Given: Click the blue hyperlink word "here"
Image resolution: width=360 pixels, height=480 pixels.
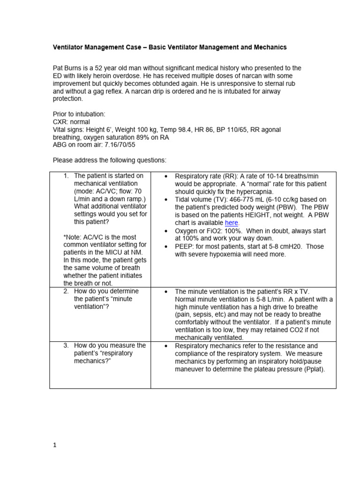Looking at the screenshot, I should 232,223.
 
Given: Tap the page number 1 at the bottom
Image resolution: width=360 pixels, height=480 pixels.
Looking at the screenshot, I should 54,446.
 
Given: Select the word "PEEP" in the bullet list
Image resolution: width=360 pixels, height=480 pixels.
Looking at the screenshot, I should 184,247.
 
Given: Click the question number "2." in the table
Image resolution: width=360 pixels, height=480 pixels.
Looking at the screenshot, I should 67,291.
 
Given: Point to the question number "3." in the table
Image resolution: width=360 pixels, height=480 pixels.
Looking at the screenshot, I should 67,345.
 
